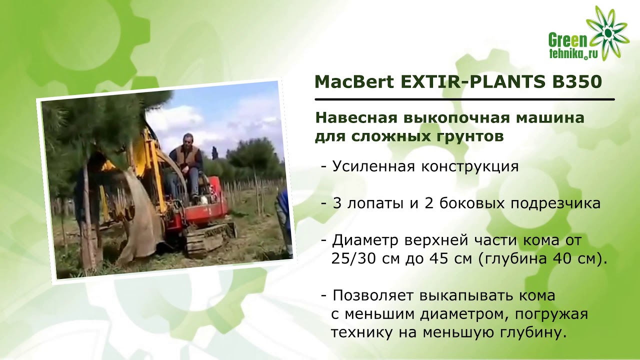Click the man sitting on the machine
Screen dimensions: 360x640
pyautogui.click(x=186, y=162)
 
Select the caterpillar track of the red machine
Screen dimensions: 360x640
pyautogui.click(x=208, y=238)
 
